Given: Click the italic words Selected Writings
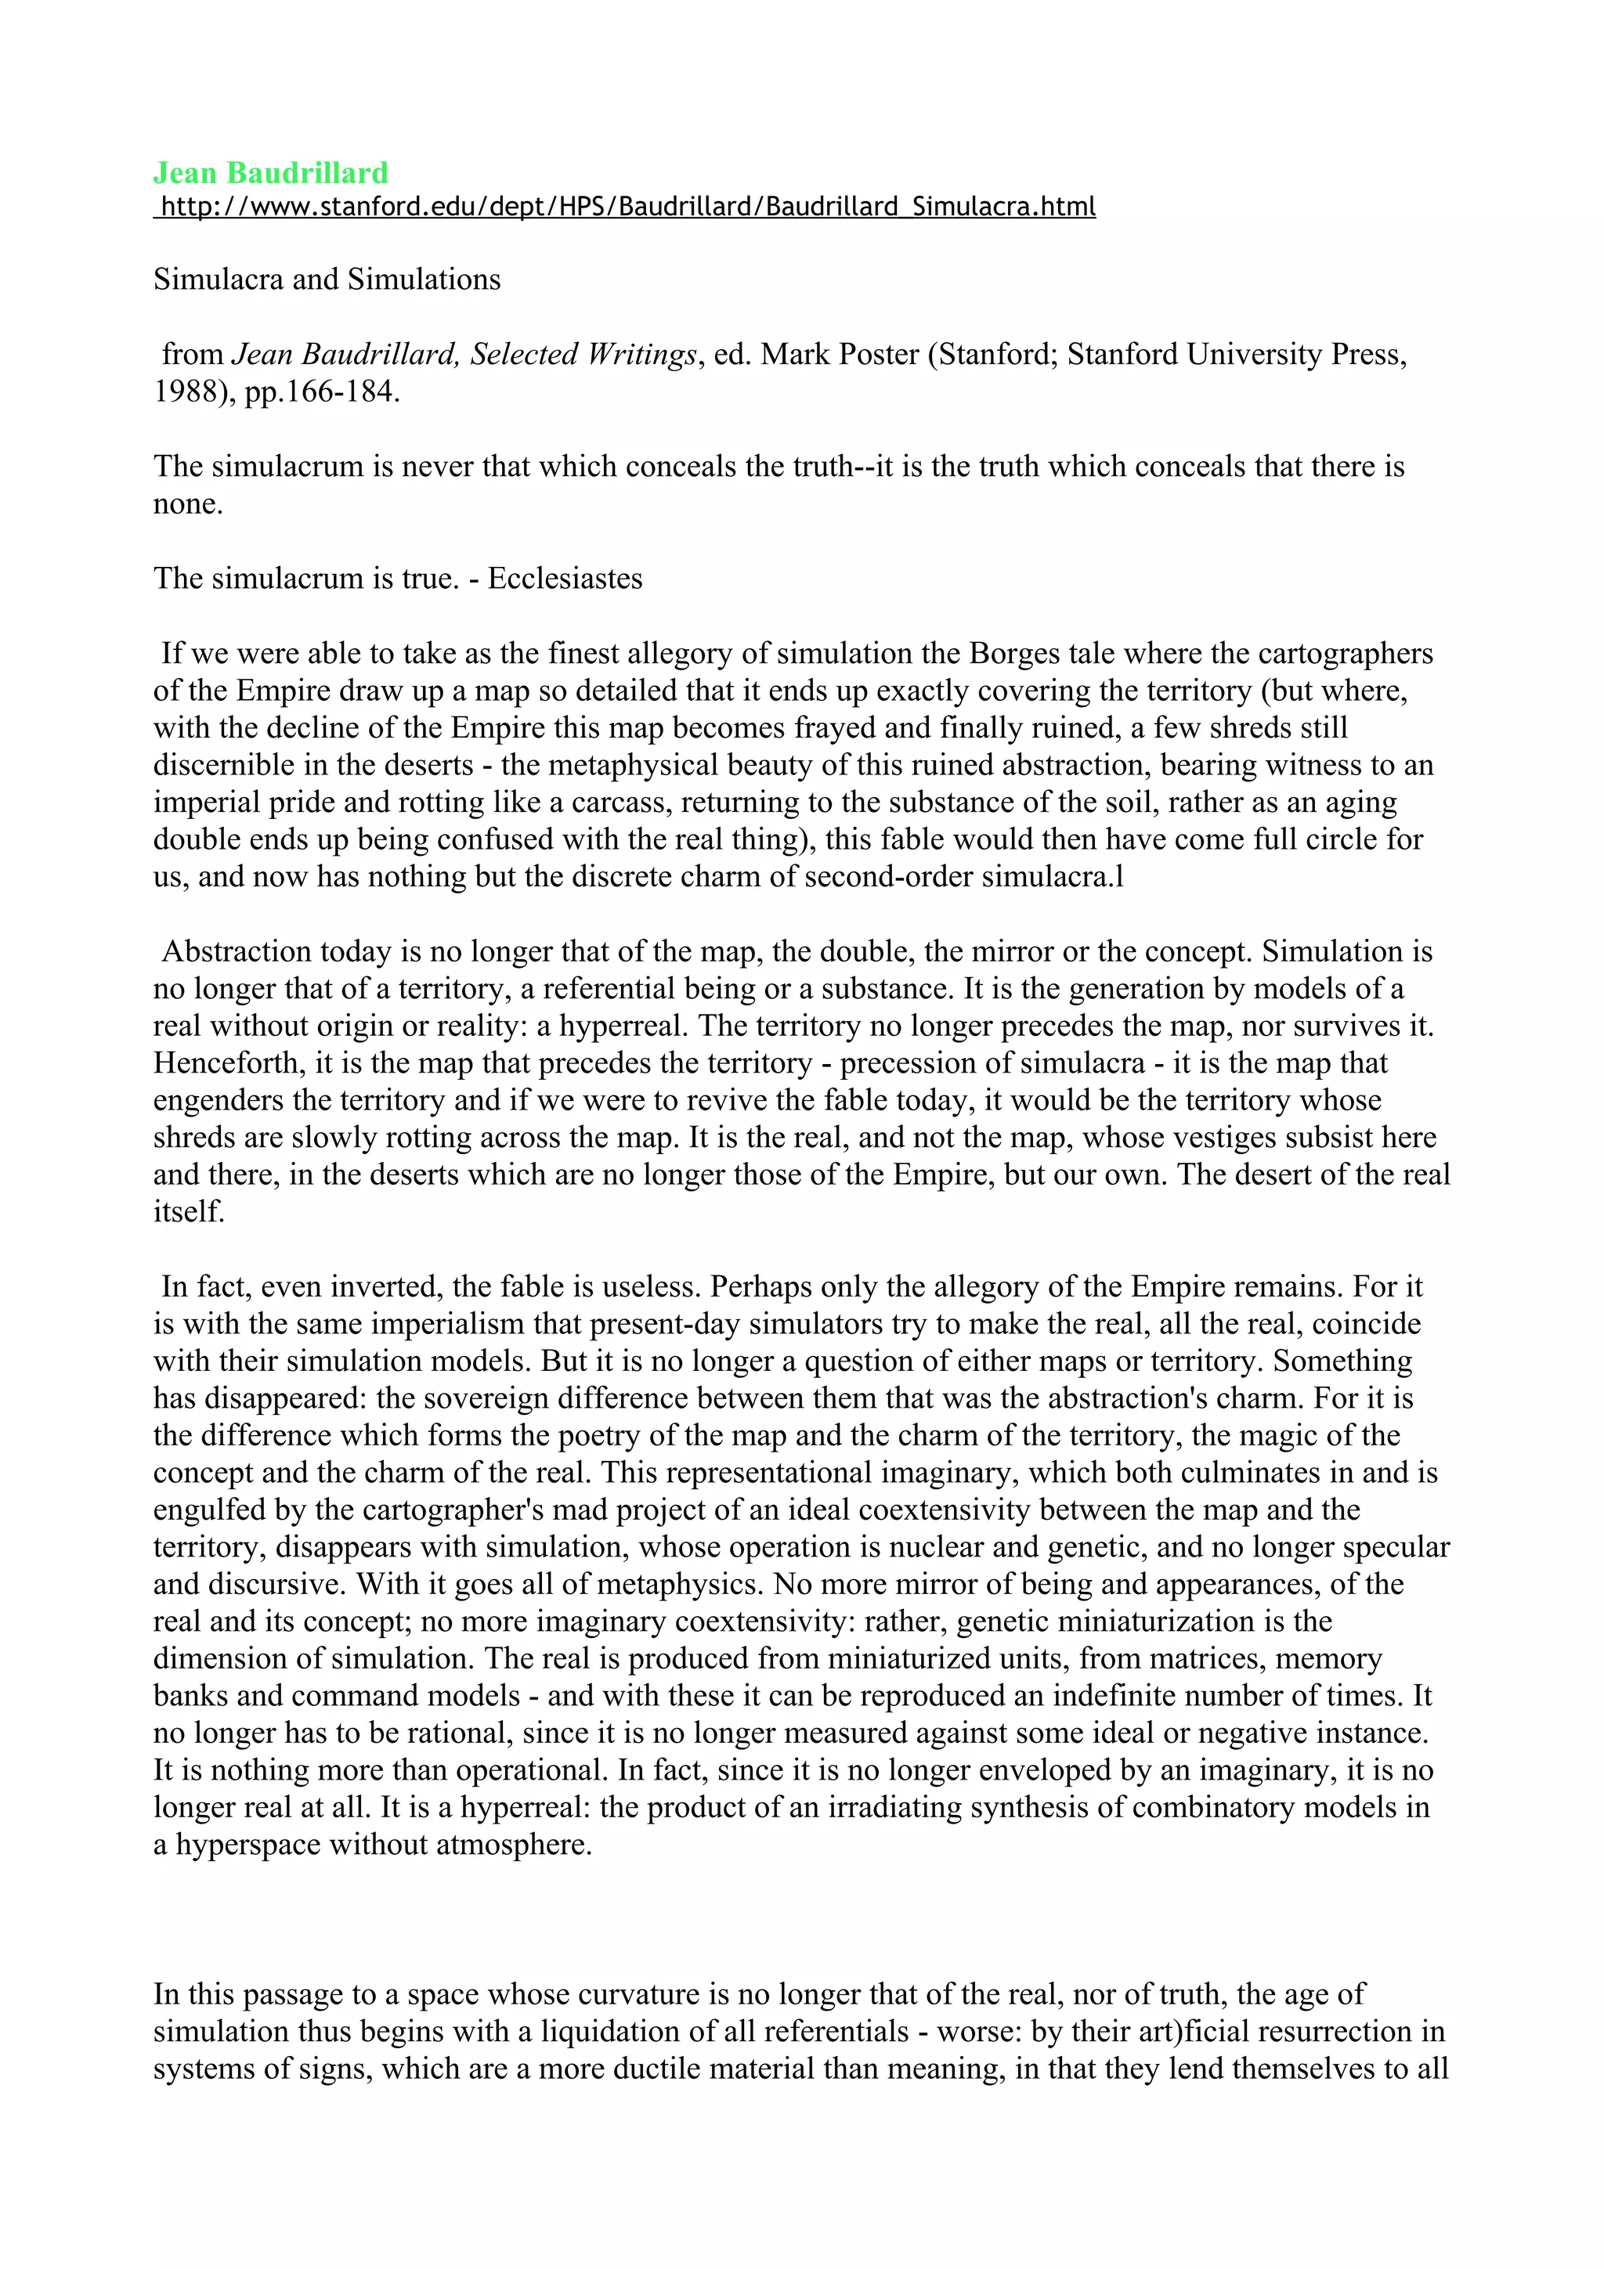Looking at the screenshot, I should [583, 355].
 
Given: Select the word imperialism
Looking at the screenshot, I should [422, 1324].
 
